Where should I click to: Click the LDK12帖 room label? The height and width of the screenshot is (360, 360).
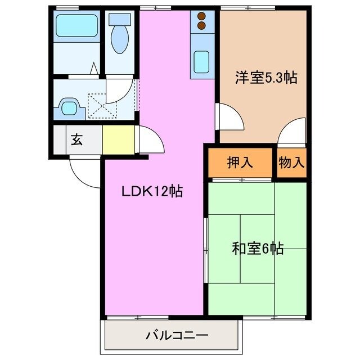pyautogui.click(x=152, y=191)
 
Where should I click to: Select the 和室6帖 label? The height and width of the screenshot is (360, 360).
pyautogui.click(x=258, y=247)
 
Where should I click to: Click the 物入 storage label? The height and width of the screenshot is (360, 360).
pyautogui.click(x=291, y=163)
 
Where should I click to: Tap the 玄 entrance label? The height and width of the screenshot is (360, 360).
pyautogui.click(x=76, y=140)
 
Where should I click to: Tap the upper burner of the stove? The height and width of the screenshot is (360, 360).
pyautogui.click(x=201, y=16)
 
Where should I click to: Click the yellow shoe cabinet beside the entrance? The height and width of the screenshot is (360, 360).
pyautogui.click(x=119, y=139)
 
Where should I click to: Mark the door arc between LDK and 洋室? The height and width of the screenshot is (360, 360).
pyautogui.click(x=229, y=116)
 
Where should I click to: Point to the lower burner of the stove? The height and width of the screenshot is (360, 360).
pyautogui.click(x=201, y=25)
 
